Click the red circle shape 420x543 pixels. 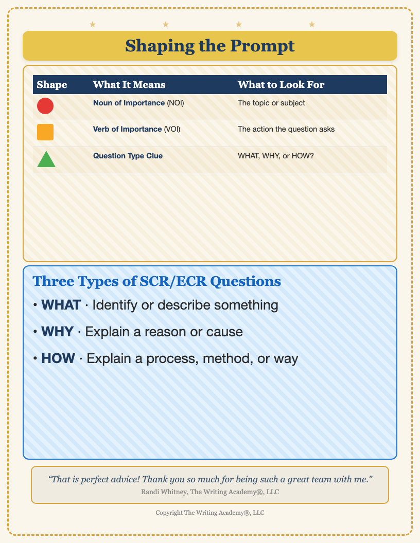coord(45,106)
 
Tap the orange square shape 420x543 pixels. coord(45,132)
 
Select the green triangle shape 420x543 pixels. coord(46,159)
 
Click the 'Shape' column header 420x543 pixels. coord(52,85)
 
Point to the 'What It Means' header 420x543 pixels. coord(129,85)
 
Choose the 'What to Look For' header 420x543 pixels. coord(281,85)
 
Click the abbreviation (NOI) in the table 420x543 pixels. coord(176,103)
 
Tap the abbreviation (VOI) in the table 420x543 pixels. coord(172,129)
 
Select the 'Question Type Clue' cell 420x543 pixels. coord(128,156)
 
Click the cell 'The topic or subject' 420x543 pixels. coord(271,103)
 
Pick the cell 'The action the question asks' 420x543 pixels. coord(286,129)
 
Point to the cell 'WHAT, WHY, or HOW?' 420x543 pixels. coord(276,156)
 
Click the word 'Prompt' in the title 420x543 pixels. coord(262,46)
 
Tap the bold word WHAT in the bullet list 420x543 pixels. coord(61,305)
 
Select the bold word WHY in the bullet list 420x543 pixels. coord(58,332)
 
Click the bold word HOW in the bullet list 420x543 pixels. coord(58,358)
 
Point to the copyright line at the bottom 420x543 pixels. coord(210,513)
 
